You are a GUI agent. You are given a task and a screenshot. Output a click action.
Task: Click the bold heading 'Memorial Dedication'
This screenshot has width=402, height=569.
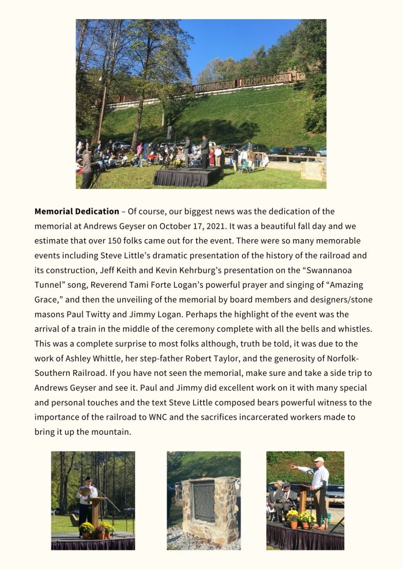(x=76, y=212)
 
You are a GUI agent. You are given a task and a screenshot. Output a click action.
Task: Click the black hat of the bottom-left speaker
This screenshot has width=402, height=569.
(x=88, y=478)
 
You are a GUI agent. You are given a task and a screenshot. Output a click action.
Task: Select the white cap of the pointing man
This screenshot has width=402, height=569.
(x=319, y=459)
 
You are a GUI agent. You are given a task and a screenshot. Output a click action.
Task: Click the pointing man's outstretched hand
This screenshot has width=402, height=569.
(x=292, y=466)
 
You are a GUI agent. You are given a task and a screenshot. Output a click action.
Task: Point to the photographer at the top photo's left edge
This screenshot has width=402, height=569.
(x=87, y=167)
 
